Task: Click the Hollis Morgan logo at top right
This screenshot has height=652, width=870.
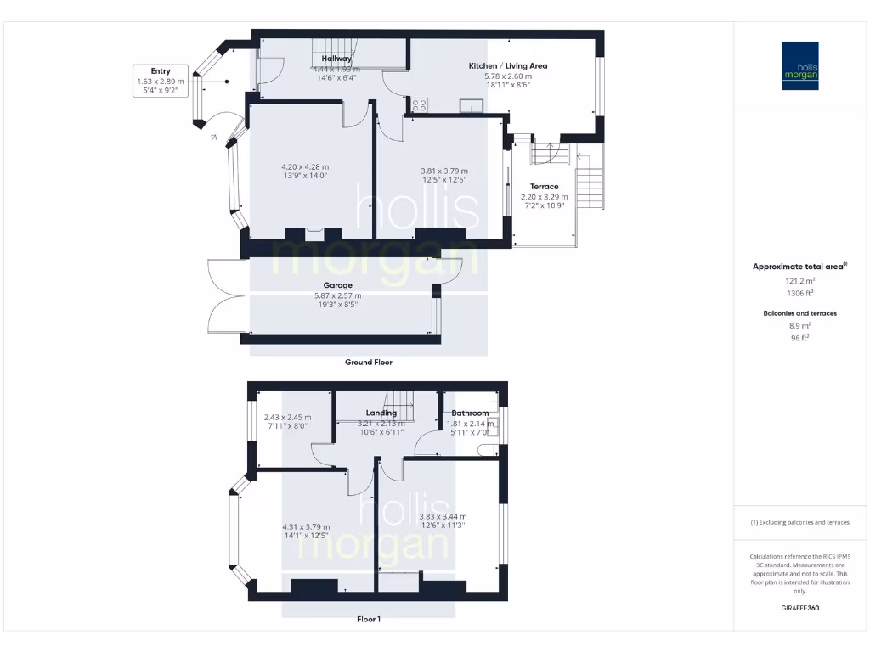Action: tap(799, 65)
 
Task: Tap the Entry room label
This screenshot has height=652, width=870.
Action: tap(161, 71)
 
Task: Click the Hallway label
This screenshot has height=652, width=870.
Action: tap(336, 59)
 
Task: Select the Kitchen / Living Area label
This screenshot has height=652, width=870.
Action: tap(508, 65)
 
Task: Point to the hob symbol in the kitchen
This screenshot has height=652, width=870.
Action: tap(419, 105)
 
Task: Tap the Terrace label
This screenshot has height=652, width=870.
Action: tap(545, 187)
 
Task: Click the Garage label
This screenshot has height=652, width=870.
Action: tap(337, 285)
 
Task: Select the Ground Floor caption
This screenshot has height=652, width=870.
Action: tap(368, 362)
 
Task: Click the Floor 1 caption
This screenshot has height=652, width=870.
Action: tap(368, 620)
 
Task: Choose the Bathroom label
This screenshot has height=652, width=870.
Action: tap(469, 413)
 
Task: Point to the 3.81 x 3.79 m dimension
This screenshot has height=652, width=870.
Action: tap(443, 171)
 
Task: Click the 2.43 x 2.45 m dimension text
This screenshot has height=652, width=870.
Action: tap(287, 418)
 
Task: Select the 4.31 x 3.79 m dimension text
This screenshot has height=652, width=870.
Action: tap(306, 526)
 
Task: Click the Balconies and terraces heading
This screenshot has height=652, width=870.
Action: tap(799, 313)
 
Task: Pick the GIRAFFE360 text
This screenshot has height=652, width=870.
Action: tap(799, 608)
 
